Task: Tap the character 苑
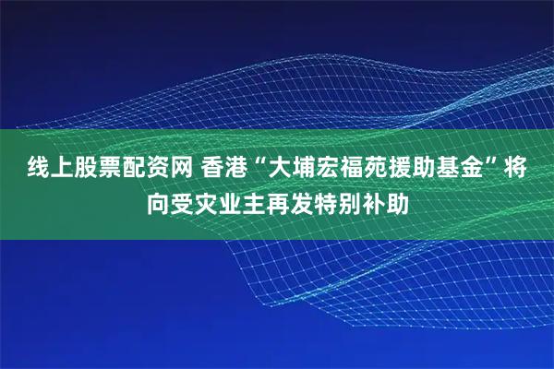367,169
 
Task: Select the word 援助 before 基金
403,169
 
